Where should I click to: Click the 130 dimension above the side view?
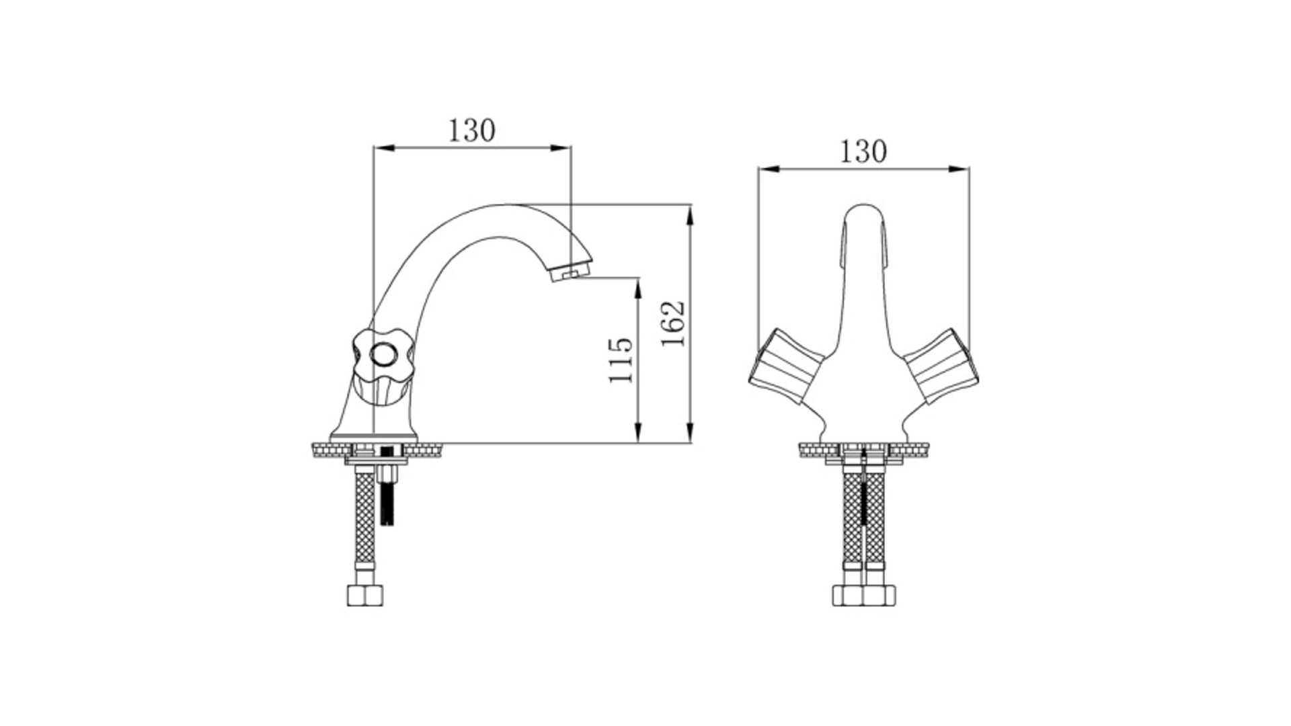pyautogui.click(x=472, y=130)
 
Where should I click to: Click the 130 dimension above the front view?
pyautogui.click(x=863, y=152)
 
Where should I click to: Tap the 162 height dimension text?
pyautogui.click(x=673, y=323)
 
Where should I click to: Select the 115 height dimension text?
pyautogui.click(x=621, y=360)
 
